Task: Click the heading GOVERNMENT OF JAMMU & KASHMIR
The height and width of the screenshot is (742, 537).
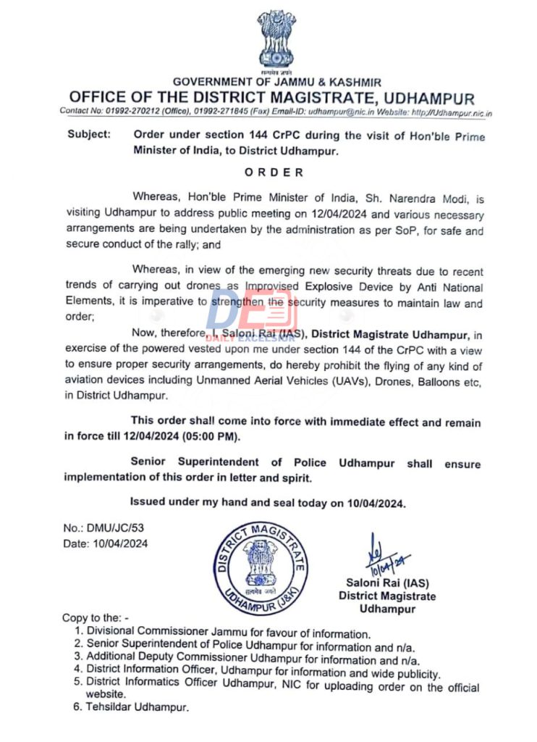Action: tap(277, 83)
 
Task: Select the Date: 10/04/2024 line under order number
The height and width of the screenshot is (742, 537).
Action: tap(105, 543)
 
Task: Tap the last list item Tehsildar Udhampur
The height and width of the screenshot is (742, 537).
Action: tap(138, 707)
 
